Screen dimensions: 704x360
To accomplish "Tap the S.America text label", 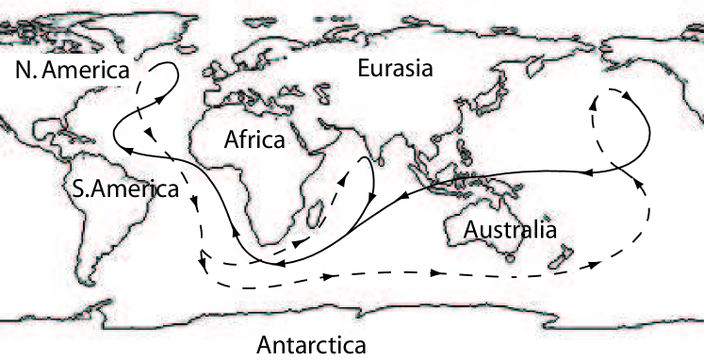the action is [x=124, y=188].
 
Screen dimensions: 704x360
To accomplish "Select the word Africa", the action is [x=254, y=141].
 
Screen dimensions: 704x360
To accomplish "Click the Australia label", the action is [x=510, y=229].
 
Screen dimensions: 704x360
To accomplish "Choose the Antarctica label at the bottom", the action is [x=311, y=345].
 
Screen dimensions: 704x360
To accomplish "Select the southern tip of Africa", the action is [x=281, y=247].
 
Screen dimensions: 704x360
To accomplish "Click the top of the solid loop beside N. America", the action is [x=167, y=64].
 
